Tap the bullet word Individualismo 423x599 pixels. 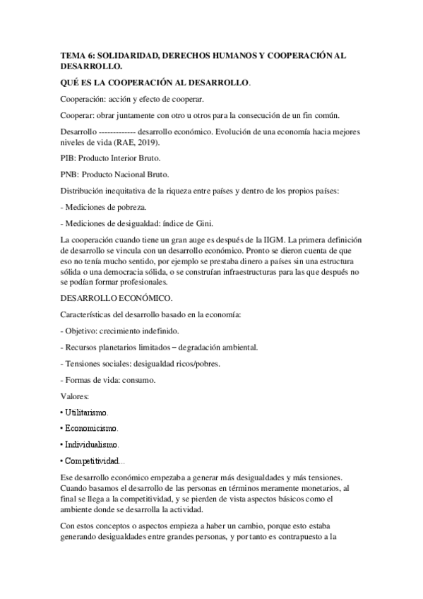pos(91,445)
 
